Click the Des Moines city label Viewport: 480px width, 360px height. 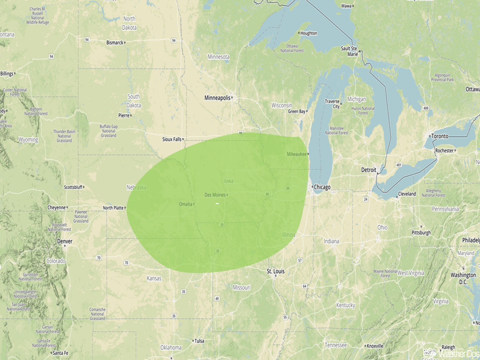pyautogui.click(x=215, y=195)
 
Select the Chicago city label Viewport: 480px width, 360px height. pyautogui.click(x=322, y=187)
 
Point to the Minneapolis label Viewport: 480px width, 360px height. pyautogui.click(x=218, y=98)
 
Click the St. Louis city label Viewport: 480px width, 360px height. pyautogui.click(x=276, y=271)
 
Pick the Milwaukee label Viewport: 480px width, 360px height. pyautogui.click(x=297, y=154)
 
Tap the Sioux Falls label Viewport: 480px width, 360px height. pyautogui.click(x=172, y=139)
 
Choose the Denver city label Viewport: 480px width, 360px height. pyautogui.click(x=65, y=241)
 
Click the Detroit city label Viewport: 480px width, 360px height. pyautogui.click(x=368, y=170)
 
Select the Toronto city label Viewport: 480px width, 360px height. pyautogui.click(x=440, y=136)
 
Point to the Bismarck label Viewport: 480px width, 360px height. pyautogui.click(x=115, y=42)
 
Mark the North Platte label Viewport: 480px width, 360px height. pyautogui.click(x=113, y=208)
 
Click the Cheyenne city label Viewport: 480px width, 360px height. pyautogui.click(x=57, y=207)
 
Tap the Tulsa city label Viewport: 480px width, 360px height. pyautogui.click(x=199, y=341)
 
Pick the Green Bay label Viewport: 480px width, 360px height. pyautogui.click(x=296, y=111)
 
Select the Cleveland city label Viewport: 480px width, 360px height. pyautogui.click(x=407, y=194)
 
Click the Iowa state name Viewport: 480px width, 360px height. pyautogui.click(x=229, y=181)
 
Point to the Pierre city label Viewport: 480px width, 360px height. pyautogui.click(x=124, y=115)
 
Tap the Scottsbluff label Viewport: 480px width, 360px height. pyautogui.click(x=73, y=187)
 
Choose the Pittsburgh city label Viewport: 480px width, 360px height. pyautogui.click(x=421, y=232)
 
